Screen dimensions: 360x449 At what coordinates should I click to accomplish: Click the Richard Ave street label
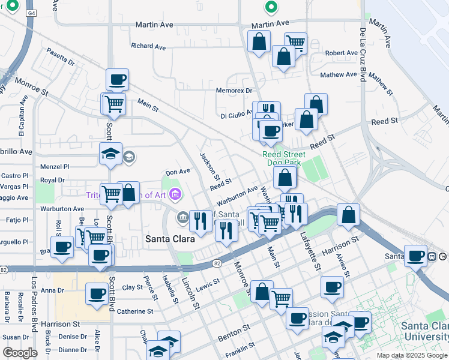tap(148, 46)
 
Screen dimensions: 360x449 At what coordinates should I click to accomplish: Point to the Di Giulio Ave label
tap(237, 115)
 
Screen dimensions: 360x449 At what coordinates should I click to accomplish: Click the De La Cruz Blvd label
tap(363, 53)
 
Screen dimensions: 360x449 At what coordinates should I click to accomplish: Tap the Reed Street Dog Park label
tap(284, 158)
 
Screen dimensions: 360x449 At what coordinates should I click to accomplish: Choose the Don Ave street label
tap(178, 172)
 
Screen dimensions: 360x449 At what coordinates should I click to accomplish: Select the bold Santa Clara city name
tap(170, 239)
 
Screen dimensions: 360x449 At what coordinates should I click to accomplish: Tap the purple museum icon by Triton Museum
tap(175, 194)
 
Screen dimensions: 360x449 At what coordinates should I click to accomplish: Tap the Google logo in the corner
tap(20, 353)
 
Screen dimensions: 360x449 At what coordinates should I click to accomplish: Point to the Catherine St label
tap(135, 311)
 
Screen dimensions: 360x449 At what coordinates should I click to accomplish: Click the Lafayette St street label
tap(307, 233)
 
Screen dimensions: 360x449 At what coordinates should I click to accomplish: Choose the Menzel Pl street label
tap(55, 167)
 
